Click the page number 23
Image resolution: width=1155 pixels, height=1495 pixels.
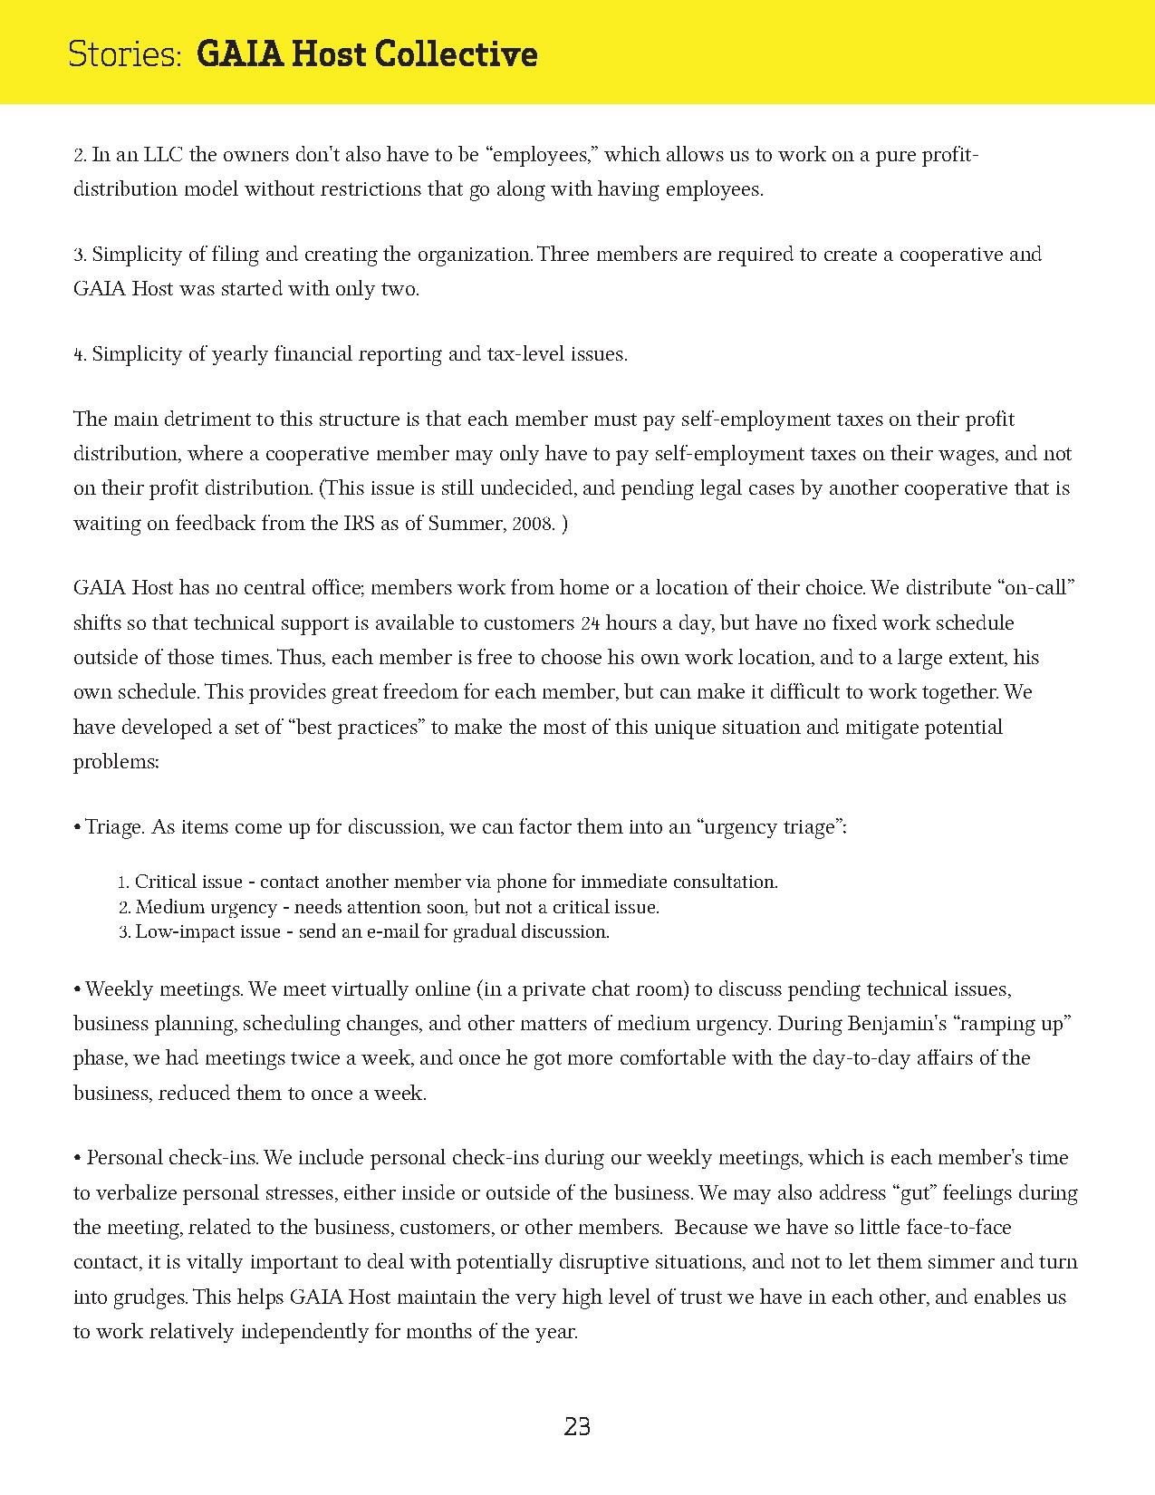577,1427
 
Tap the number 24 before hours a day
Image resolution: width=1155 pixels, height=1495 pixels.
589,623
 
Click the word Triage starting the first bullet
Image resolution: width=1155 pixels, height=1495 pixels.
114,827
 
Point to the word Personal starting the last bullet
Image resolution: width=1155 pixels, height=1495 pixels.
123,1158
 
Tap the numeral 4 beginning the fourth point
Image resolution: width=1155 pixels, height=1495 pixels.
79,355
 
